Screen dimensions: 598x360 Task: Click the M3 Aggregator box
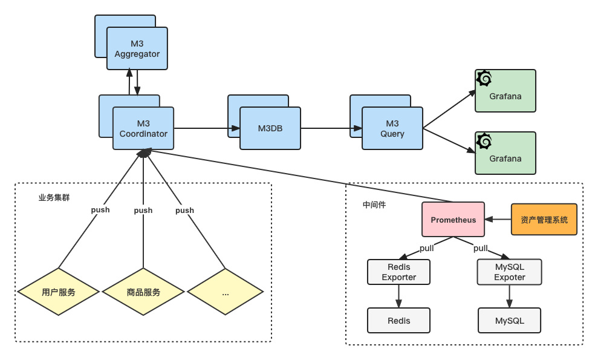[x=137, y=48]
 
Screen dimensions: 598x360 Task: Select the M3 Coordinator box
[x=143, y=128]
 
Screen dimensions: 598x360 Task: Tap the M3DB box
[x=270, y=128]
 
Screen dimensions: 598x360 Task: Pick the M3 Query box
[x=392, y=128]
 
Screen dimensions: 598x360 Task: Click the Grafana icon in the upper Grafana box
[x=484, y=79]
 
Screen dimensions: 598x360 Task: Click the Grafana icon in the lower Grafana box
[x=484, y=141]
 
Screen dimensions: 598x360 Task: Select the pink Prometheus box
[x=453, y=220]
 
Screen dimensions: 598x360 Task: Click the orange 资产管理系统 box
[x=544, y=220]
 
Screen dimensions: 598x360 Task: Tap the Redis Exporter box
[x=398, y=272]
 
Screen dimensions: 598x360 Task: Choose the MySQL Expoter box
[x=509, y=272]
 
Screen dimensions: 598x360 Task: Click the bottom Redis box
[x=398, y=321]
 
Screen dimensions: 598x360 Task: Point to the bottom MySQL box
[x=509, y=321]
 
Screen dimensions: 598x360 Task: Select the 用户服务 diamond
[x=59, y=292]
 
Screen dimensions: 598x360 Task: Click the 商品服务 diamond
[x=143, y=292]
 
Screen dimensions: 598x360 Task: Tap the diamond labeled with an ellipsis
[x=226, y=292]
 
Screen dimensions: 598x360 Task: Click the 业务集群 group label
[x=54, y=197]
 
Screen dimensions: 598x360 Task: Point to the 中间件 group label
[x=374, y=205]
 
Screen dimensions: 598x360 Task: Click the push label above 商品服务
[x=143, y=211]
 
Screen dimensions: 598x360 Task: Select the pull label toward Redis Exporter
[x=426, y=248]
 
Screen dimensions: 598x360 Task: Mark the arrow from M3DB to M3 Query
[x=331, y=128]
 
